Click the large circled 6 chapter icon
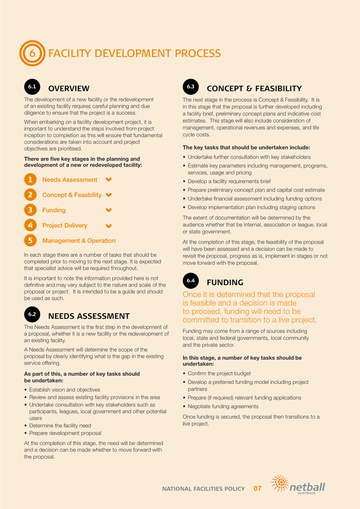[x=32, y=54]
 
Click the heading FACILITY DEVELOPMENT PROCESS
[x=135, y=54]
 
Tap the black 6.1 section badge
[x=32, y=87]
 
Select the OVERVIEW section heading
[x=68, y=88]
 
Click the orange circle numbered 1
[x=31, y=180]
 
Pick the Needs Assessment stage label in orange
[x=70, y=180]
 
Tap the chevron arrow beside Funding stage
[x=109, y=210]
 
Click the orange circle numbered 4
[x=31, y=225]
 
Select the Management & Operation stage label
[x=79, y=241]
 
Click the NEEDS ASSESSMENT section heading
[x=89, y=316]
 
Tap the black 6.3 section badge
[x=190, y=87]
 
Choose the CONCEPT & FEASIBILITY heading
[x=254, y=88]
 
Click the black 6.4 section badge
[x=190, y=280]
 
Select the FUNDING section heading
[x=225, y=282]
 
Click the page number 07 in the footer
[x=257, y=488]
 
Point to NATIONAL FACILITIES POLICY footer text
[x=203, y=488]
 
